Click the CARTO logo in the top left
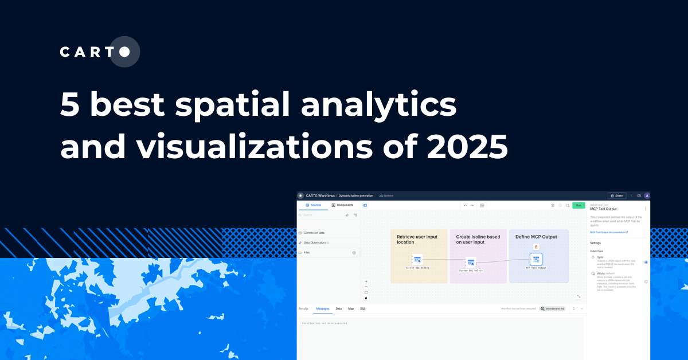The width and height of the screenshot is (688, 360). [x=99, y=52]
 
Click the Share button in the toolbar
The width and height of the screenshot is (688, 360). [x=616, y=195]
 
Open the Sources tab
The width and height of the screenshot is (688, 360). [x=313, y=205]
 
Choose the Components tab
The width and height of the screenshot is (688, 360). [x=342, y=205]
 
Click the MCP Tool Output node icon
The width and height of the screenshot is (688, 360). [x=536, y=260]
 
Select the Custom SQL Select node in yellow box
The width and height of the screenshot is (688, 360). [x=417, y=260]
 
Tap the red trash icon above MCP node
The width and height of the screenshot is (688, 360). [x=536, y=246]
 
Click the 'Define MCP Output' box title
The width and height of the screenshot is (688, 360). [x=536, y=237]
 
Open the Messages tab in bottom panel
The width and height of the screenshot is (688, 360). [x=323, y=308]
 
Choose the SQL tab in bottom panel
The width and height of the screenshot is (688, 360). [x=363, y=308]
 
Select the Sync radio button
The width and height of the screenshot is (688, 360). [x=646, y=262]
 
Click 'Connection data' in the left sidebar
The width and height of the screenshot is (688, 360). [x=314, y=233]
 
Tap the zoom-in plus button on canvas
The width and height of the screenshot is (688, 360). [x=366, y=281]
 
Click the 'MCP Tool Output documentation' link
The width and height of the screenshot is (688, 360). [x=608, y=232]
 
